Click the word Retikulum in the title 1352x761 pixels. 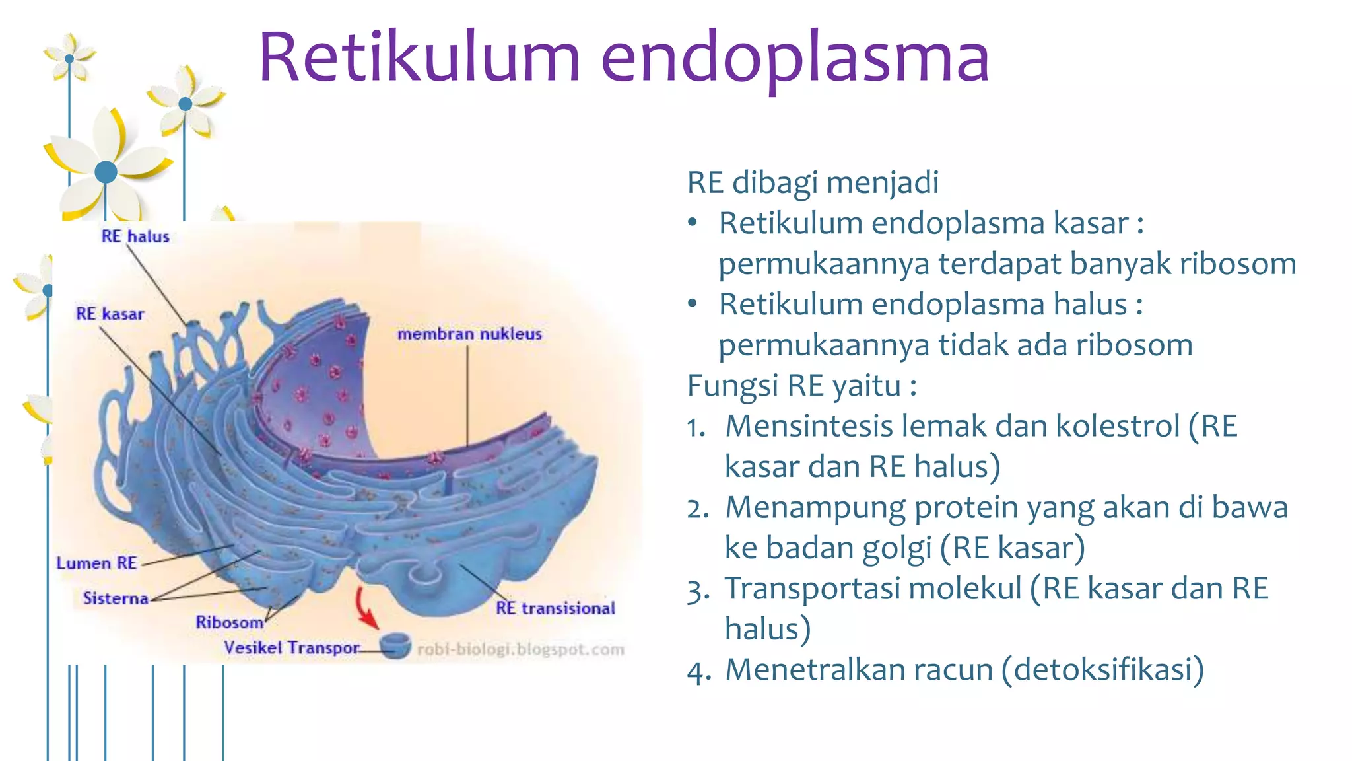[419, 58]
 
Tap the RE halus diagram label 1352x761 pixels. [135, 236]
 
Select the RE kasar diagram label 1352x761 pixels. [110, 314]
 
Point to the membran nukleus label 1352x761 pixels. [469, 334]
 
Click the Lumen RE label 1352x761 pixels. [96, 563]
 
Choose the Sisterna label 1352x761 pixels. [116, 598]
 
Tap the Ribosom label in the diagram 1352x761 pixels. [229, 622]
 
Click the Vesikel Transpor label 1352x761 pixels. [292, 648]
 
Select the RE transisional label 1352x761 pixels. [555, 608]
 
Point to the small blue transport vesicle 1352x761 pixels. [395, 645]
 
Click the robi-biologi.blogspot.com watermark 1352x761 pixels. [521, 650]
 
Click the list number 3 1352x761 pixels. [697, 591]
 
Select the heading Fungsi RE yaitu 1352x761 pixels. [801, 386]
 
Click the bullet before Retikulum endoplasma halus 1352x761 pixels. [692, 304]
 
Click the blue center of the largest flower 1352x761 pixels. [106, 172]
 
